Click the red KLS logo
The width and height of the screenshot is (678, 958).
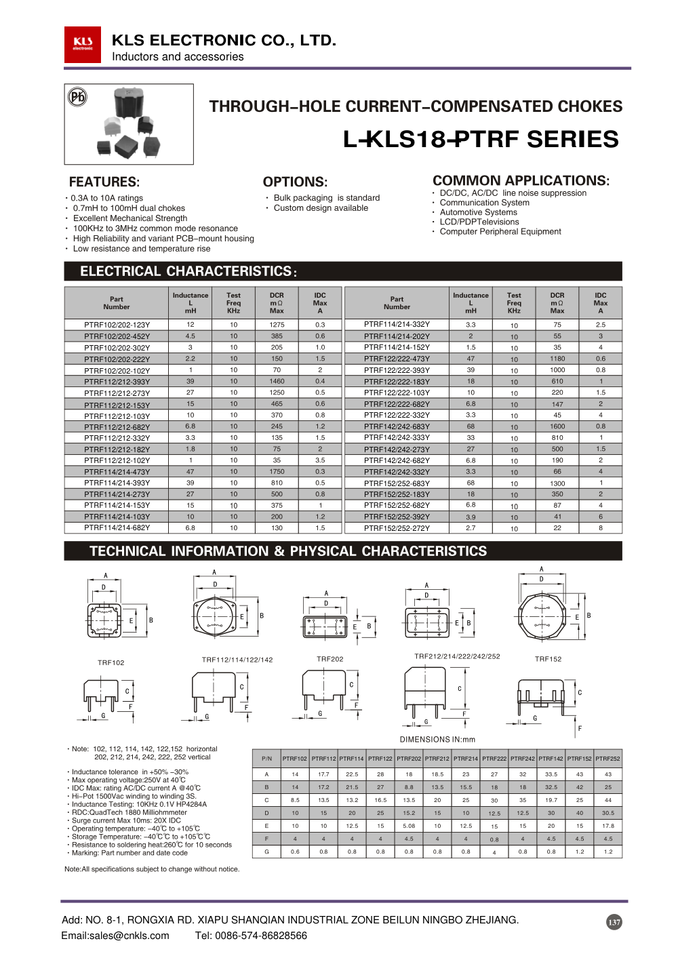pyautogui.click(x=83, y=45)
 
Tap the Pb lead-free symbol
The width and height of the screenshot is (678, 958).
pyautogui.click(x=78, y=97)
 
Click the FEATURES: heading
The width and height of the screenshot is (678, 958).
pyautogui.click(x=104, y=182)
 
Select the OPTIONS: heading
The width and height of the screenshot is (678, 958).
pyautogui.click(x=295, y=182)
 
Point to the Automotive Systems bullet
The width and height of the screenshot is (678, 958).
pyautogui.click(x=478, y=212)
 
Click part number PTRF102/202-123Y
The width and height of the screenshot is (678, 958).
pyautogui.click(x=117, y=325)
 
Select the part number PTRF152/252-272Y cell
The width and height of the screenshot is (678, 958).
pyautogui.click(x=397, y=528)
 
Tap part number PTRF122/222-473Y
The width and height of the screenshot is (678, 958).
pyautogui.click(x=397, y=359)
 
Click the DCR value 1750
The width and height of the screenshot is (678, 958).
pyautogui.click(x=277, y=472)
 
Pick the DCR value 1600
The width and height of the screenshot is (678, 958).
pyautogui.click(x=557, y=426)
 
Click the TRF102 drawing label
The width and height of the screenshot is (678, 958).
pyautogui.click(x=111, y=662)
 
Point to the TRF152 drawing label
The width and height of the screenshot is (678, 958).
pyautogui.click(x=548, y=659)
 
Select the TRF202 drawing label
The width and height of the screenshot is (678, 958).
pyautogui.click(x=330, y=659)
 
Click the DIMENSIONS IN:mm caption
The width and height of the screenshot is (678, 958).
pyautogui.click(x=437, y=740)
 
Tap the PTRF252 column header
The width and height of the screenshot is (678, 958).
pyautogui.click(x=607, y=759)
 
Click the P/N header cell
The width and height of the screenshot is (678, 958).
pyautogui.click(x=266, y=759)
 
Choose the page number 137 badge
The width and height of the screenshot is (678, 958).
pyautogui.click(x=614, y=922)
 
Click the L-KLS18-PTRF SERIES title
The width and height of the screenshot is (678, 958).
pyautogui.click(x=480, y=139)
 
